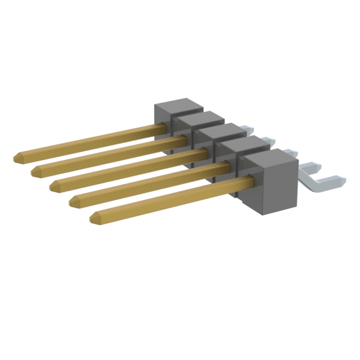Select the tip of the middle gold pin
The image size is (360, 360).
click(x=52, y=184)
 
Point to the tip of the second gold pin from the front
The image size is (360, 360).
click(x=72, y=200)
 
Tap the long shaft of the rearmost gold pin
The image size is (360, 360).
click(x=90, y=143)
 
